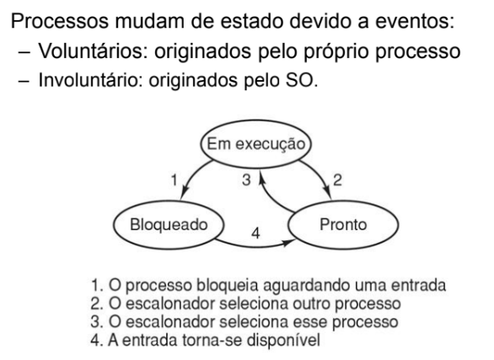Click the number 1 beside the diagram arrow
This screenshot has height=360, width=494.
(x=174, y=180)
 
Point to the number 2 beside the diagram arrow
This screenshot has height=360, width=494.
(x=337, y=180)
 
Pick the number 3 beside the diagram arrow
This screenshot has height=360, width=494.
(x=246, y=180)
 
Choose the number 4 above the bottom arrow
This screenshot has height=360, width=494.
(x=255, y=234)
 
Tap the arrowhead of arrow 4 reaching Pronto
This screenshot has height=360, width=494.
(x=288, y=242)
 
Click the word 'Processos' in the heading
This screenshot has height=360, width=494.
(x=60, y=21)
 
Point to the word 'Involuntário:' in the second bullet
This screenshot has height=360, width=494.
(x=89, y=80)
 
